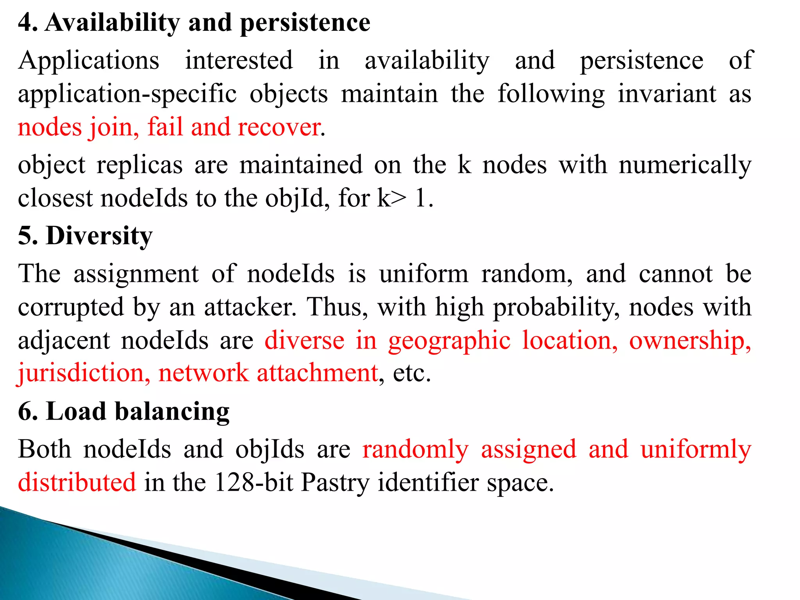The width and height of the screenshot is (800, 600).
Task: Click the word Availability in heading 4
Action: coord(112,23)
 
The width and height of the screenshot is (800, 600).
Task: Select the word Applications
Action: coord(89,61)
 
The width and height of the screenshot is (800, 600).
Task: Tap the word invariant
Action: coord(667,94)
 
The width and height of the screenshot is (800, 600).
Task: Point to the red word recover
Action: coord(280,127)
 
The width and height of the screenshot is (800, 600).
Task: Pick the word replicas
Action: coord(139,165)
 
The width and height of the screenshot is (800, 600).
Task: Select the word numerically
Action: coord(685,165)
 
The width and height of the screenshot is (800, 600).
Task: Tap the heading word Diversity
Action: coord(99,236)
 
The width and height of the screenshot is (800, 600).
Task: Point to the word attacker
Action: coord(250,307)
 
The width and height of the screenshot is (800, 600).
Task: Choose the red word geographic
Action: coord(449,340)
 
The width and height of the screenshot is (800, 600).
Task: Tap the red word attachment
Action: coord(317,373)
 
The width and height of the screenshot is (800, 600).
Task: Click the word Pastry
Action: coord(335,482)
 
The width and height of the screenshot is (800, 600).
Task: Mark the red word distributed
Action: coord(77,482)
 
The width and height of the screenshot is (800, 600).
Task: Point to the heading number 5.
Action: coord(28,236)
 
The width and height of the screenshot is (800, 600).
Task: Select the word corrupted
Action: coord(71,307)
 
